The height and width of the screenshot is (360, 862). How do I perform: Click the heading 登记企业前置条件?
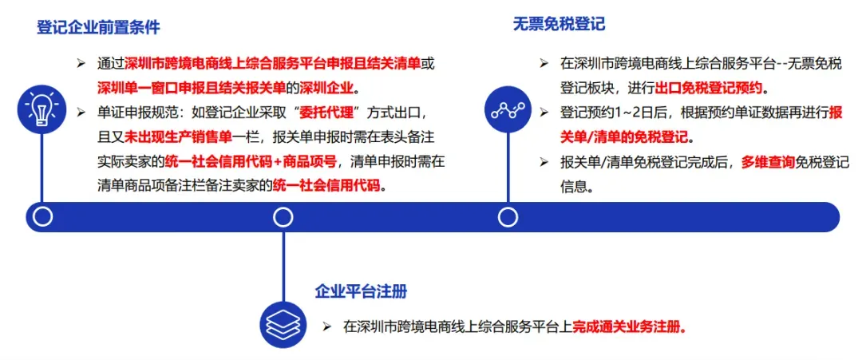(x=98, y=27)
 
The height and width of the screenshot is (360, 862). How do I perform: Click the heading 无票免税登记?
(x=559, y=24)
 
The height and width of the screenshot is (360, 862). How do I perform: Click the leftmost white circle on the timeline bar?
(x=42, y=216)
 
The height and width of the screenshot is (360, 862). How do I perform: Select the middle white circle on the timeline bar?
(x=283, y=216)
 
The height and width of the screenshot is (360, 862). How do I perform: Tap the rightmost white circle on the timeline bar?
(x=508, y=216)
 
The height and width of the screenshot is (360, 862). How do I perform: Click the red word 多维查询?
(x=769, y=162)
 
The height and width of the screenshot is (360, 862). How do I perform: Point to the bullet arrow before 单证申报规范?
(x=81, y=112)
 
